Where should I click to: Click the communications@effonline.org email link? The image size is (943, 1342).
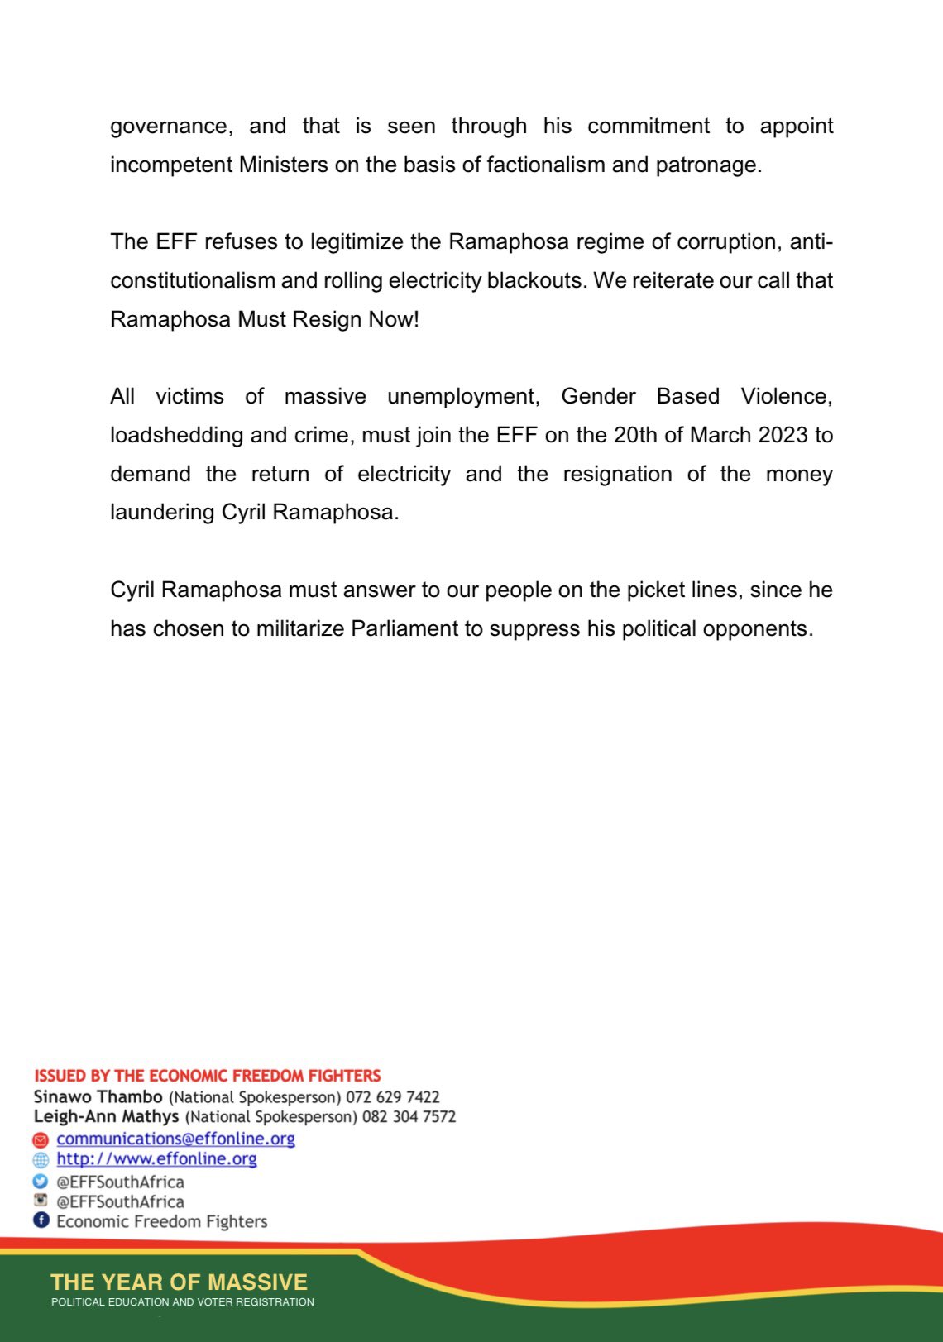pyautogui.click(x=175, y=1139)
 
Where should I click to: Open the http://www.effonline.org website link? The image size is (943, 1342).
pyautogui.click(x=156, y=1158)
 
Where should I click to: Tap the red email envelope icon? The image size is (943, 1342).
pyautogui.click(x=41, y=1139)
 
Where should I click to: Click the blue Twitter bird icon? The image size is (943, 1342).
pyautogui.click(x=41, y=1182)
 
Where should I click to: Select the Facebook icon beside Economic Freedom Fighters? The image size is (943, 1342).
pyautogui.click(x=41, y=1220)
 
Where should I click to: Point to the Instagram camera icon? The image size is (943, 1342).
pyautogui.click(x=41, y=1201)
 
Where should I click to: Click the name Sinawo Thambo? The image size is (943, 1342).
pyautogui.click(x=98, y=1097)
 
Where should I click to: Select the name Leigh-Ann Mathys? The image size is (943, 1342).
pyautogui.click(x=106, y=1117)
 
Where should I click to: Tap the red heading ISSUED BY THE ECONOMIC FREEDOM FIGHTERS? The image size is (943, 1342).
pyautogui.click(x=207, y=1076)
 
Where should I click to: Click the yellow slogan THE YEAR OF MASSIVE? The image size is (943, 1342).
pyautogui.click(x=179, y=1282)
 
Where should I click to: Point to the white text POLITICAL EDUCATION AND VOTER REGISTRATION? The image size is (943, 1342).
pyautogui.click(x=183, y=1302)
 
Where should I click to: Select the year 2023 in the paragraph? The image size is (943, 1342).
pyautogui.click(x=783, y=435)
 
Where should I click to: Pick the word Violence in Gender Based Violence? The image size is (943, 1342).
pyautogui.click(x=786, y=396)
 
